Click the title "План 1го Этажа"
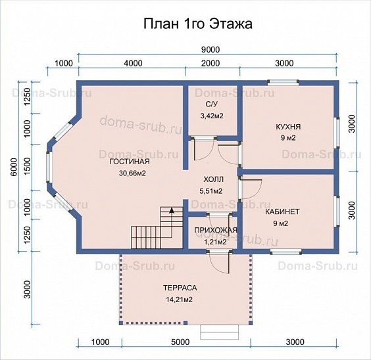198,24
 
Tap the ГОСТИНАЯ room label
130,162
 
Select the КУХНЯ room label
288,127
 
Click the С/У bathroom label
211,104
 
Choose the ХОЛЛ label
213,179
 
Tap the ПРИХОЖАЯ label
216,231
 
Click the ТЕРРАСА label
180,288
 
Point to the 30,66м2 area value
132,173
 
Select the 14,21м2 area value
179,300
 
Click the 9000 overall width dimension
210,50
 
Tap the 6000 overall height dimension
14,167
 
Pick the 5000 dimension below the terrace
180,342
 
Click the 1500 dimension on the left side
28,167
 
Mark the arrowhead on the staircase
172,210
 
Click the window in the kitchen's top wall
284,82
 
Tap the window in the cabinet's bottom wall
286,252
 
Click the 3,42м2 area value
212,116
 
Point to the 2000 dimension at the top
210,63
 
